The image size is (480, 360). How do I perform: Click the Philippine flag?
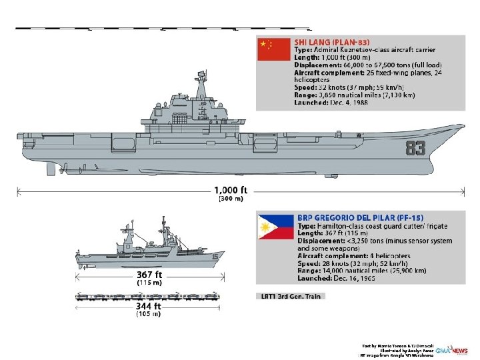click(275, 226)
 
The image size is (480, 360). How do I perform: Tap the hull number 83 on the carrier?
click(415, 148)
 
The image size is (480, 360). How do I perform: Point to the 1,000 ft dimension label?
click(231, 189)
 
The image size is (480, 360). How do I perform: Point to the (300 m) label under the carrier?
click(231, 199)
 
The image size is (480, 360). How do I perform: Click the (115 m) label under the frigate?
click(149, 283)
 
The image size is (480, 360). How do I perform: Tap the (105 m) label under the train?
click(149, 314)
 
